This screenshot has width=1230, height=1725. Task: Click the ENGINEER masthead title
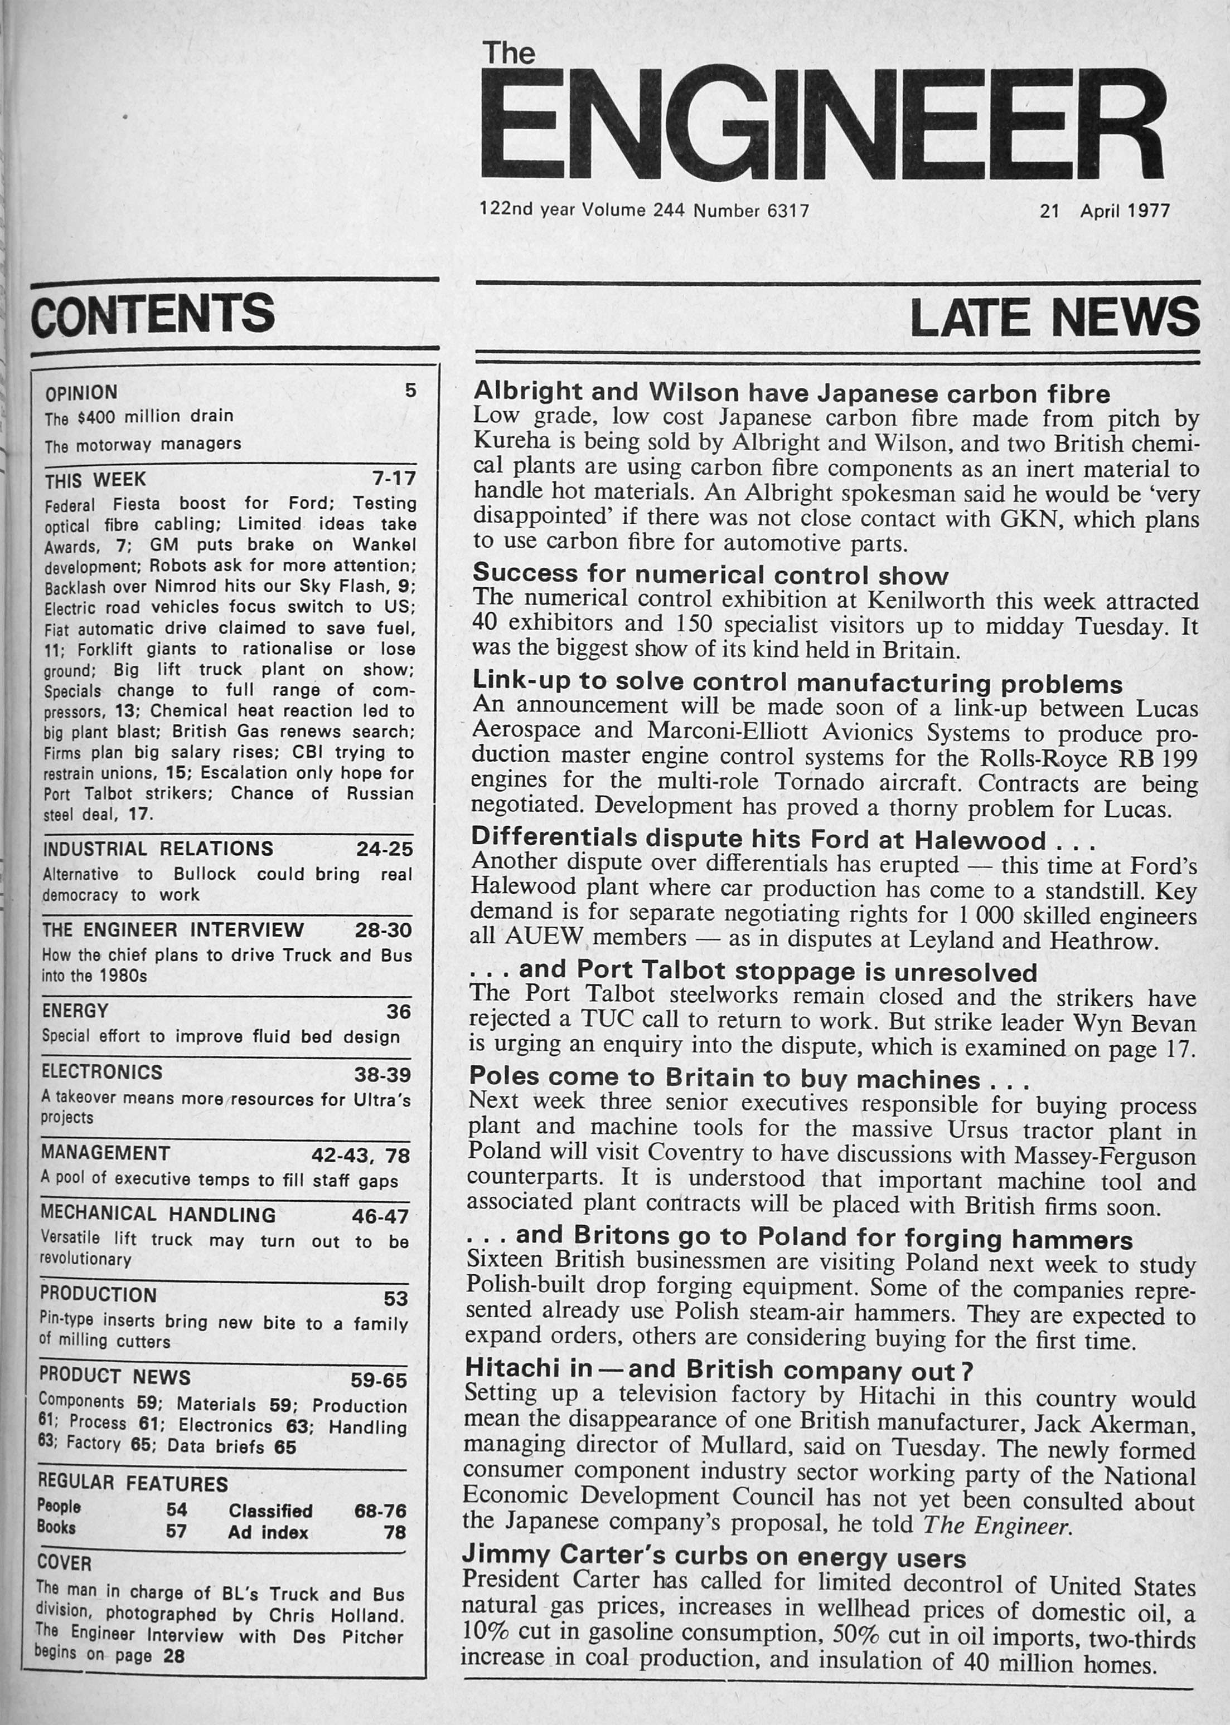coord(822,123)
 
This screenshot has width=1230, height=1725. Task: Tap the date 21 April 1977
coord(1105,211)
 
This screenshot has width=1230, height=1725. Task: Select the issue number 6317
coord(788,211)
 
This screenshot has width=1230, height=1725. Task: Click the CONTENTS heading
coord(153,313)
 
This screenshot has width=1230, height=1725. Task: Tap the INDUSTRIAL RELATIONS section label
coord(158,849)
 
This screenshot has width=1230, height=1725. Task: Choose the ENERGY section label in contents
coord(75,1011)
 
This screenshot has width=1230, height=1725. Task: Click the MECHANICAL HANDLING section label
coord(158,1214)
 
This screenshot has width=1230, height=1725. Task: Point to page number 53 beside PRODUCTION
coord(396,1299)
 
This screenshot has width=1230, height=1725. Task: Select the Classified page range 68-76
coord(380,1511)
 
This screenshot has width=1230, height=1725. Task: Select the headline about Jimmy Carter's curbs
coord(714,1557)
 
